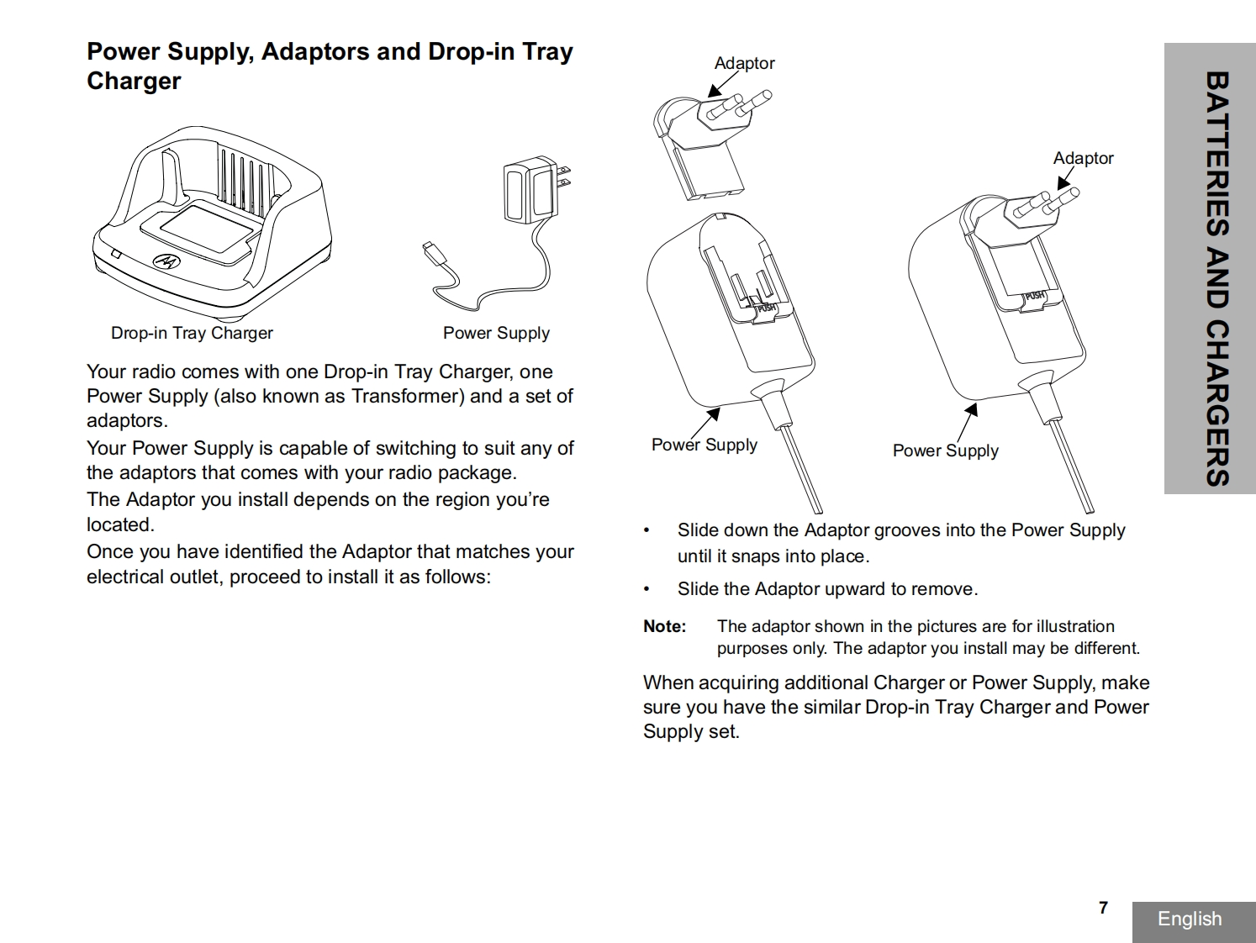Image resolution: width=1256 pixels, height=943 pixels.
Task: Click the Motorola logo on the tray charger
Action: [x=166, y=262]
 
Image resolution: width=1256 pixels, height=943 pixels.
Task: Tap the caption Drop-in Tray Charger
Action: [x=192, y=333]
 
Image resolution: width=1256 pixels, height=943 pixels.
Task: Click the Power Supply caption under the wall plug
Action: [x=496, y=333]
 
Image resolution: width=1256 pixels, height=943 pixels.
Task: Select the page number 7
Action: [x=1103, y=908]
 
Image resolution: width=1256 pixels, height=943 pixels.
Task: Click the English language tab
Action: [x=1190, y=919]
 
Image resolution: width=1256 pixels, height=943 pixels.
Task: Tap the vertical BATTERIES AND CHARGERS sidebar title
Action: [x=1216, y=277]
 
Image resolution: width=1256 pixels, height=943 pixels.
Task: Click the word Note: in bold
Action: [x=664, y=626]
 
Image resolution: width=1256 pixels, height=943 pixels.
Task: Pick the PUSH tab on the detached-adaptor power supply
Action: [x=766, y=308]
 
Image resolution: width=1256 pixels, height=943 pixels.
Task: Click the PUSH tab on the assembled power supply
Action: [x=1034, y=296]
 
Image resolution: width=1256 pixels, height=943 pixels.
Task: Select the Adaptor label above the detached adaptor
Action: [x=744, y=63]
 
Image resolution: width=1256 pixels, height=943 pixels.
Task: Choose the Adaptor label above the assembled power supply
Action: [x=1083, y=158]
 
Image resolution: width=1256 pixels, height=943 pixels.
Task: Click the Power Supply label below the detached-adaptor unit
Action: [x=704, y=445]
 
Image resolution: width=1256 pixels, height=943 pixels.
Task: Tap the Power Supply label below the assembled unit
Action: [x=945, y=450]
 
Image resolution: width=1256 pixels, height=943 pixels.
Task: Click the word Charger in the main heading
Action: [x=134, y=82]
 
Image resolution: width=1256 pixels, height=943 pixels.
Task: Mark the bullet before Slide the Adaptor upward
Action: [x=646, y=589]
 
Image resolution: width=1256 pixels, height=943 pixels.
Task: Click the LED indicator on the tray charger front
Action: [x=116, y=254]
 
